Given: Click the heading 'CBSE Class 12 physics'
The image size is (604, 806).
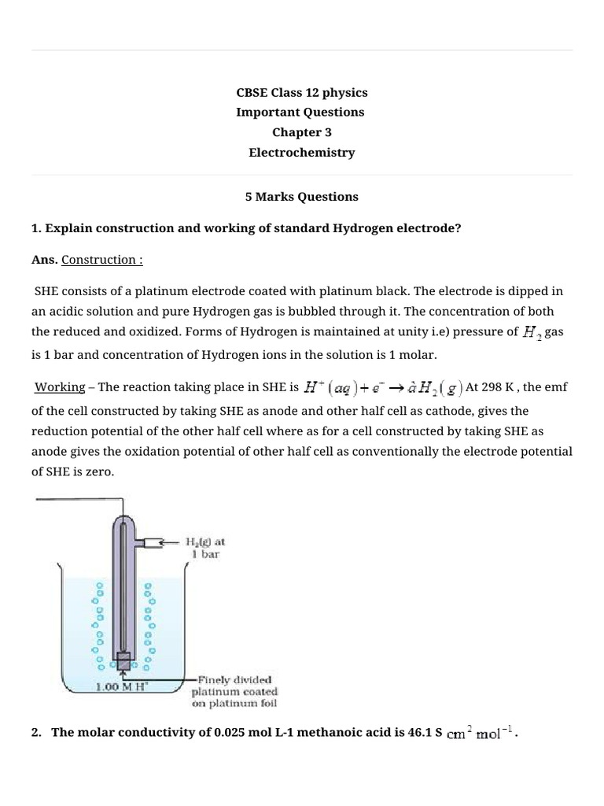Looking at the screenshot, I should (x=301, y=92).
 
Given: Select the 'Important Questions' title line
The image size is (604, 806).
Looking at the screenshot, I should (x=301, y=112).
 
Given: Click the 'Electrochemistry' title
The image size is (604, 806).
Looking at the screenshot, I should (x=301, y=153).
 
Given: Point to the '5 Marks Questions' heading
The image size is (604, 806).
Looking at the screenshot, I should (x=301, y=197).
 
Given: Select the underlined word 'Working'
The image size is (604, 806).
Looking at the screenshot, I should (x=60, y=386).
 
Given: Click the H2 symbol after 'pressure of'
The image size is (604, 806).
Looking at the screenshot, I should (x=532, y=333).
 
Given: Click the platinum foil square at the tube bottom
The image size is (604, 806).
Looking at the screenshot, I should (x=122, y=660).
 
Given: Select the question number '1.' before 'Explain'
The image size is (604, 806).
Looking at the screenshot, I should (x=36, y=228).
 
